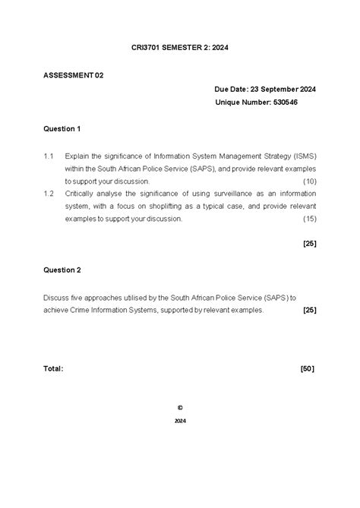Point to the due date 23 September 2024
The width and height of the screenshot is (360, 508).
tap(283, 89)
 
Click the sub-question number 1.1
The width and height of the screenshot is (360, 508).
tap(49, 156)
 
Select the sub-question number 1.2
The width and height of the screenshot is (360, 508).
tap(49, 194)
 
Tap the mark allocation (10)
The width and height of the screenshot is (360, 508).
tap(309, 181)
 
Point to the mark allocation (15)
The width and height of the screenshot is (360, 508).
tap(309, 219)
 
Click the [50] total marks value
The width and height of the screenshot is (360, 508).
tap(308, 368)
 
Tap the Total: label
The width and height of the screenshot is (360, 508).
tap(53, 368)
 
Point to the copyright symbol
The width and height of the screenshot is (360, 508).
tap(179, 406)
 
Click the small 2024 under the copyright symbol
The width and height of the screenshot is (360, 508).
tap(179, 420)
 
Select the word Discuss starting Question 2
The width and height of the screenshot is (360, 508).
tap(56, 297)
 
